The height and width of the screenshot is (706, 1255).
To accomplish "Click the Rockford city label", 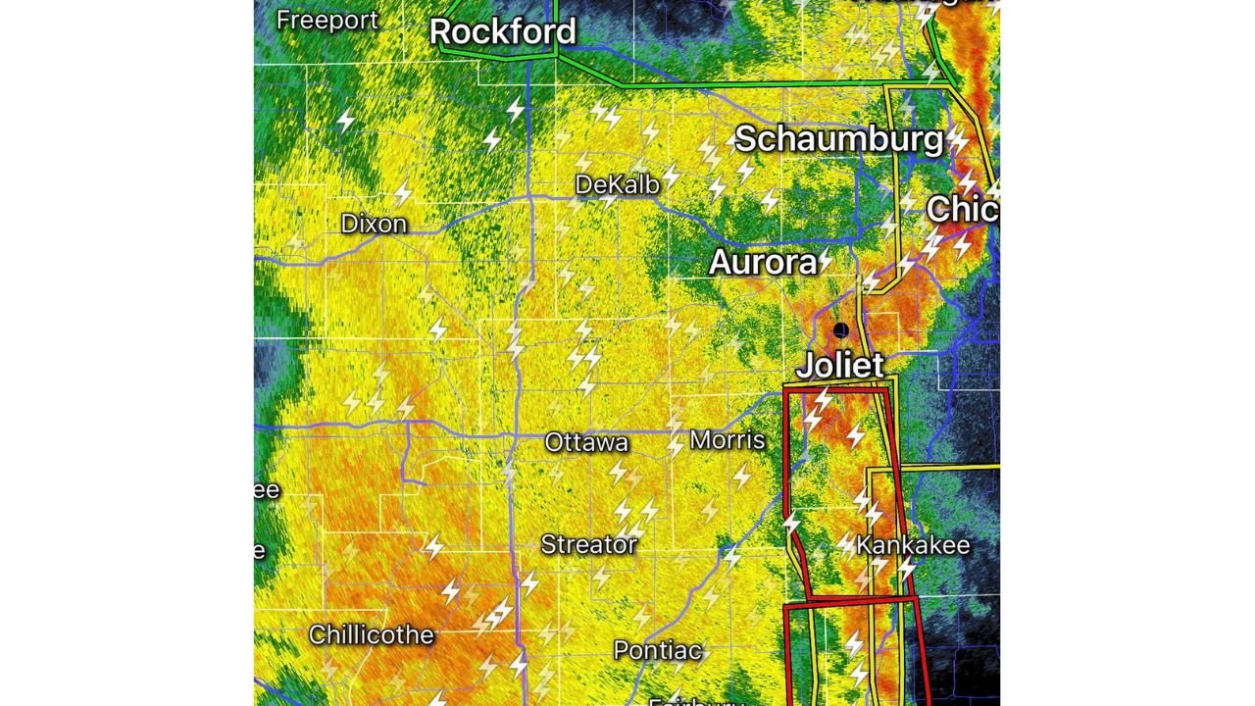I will [x=502, y=31].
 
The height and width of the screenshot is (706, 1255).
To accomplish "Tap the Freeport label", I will [x=326, y=21].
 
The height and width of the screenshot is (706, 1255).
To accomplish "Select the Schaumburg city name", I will [x=838, y=139].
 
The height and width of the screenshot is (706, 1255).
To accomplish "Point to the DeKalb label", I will [x=617, y=184].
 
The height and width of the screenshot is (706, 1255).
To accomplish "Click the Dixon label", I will [x=374, y=224].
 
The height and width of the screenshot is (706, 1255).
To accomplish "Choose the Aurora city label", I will [x=763, y=263].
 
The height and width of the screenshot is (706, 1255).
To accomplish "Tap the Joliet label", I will [x=840, y=366].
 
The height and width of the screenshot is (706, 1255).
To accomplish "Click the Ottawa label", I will [x=586, y=442].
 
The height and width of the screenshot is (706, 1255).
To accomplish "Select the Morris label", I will [x=728, y=439].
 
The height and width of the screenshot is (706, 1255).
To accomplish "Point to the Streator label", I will [x=588, y=545].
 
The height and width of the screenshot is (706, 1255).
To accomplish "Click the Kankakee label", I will [x=913, y=545].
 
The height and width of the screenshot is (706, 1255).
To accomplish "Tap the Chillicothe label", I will [x=371, y=635].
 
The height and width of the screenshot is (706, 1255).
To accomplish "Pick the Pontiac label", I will [x=657, y=650].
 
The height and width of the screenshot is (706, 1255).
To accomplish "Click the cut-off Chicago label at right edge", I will [x=962, y=209].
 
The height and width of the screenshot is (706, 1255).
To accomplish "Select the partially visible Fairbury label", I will [x=696, y=701].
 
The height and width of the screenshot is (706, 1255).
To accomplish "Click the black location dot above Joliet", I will [x=840, y=330].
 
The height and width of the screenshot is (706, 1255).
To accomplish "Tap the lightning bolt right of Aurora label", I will [x=826, y=260].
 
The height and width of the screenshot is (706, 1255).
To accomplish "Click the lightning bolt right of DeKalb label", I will [x=671, y=177].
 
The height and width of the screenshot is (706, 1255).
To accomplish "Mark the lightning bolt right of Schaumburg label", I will [x=958, y=139].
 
